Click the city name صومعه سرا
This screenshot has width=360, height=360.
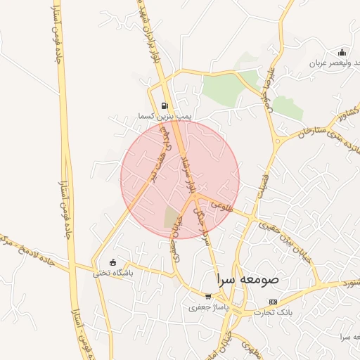click(x=247, y=278)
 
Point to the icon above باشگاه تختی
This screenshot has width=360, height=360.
click(x=113, y=263)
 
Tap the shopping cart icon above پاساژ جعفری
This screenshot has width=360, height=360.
click(x=207, y=297)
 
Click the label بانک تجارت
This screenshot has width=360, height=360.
click(x=271, y=311)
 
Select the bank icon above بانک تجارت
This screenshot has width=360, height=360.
click(x=272, y=302)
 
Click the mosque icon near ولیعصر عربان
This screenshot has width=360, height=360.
click(x=342, y=52)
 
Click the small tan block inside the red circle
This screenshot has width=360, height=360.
click(x=172, y=217)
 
